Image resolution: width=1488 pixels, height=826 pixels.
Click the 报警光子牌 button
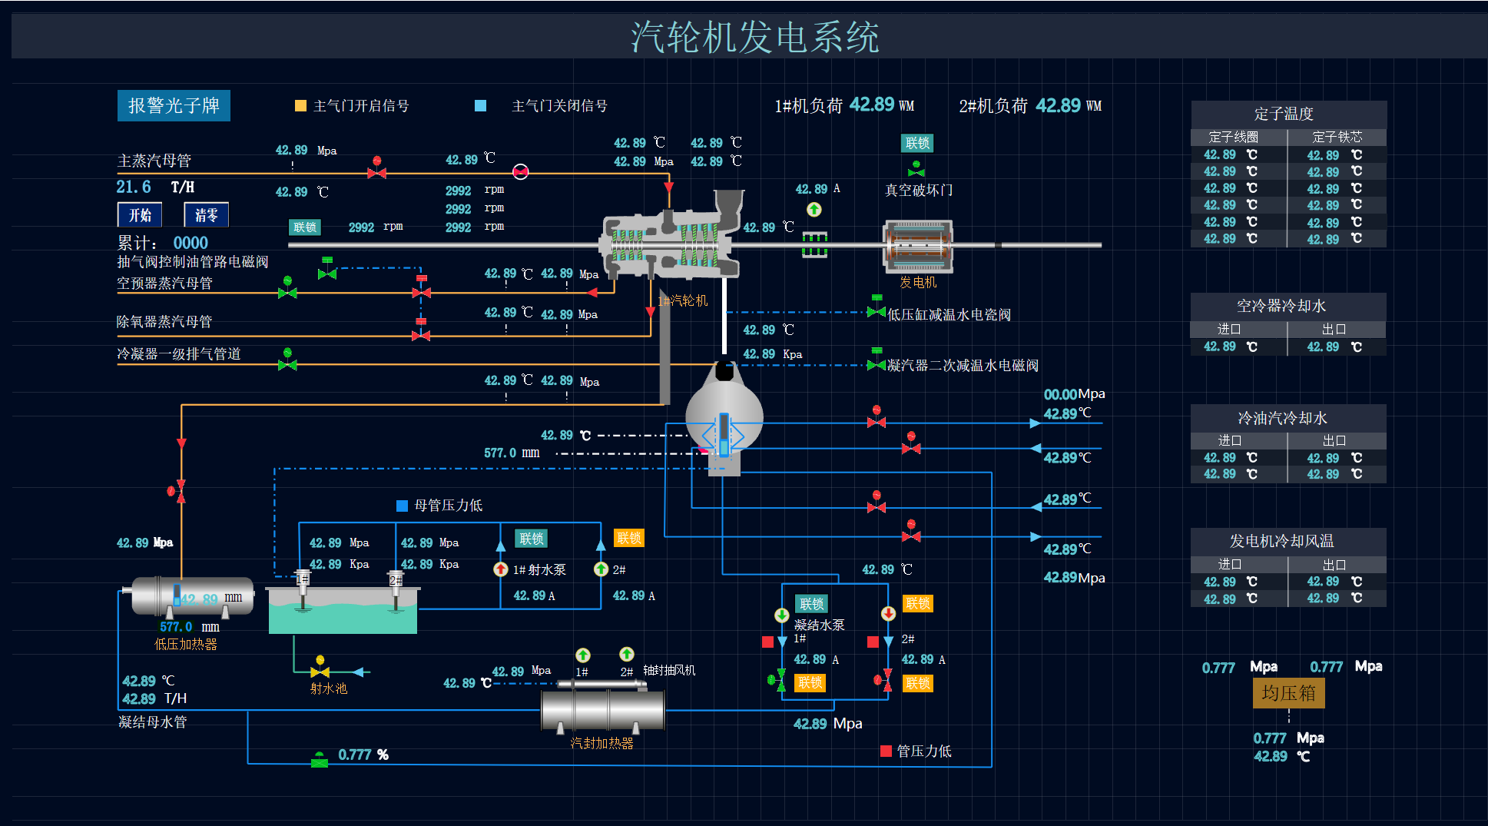click(174, 106)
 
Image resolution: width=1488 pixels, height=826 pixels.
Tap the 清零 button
click(206, 215)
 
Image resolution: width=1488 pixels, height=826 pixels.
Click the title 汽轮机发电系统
click(754, 37)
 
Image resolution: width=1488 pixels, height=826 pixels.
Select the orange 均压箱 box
click(1288, 693)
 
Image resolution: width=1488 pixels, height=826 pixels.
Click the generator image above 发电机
click(918, 246)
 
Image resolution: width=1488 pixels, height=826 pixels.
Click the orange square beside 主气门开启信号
click(300, 106)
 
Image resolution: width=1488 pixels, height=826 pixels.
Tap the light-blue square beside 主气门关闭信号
click(480, 106)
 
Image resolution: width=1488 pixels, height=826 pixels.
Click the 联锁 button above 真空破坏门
click(917, 143)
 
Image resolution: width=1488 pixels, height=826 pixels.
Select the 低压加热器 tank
click(192, 596)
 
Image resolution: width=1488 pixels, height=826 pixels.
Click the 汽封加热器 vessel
click(602, 709)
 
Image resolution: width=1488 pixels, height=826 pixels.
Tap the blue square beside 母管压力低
click(401, 506)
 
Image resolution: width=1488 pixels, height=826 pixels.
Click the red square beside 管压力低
click(886, 751)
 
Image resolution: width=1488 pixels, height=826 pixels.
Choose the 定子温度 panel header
click(1288, 114)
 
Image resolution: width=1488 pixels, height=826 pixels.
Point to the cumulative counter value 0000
click(191, 243)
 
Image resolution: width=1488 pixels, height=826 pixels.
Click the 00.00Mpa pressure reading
click(1074, 394)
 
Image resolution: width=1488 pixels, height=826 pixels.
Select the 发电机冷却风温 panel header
click(1288, 541)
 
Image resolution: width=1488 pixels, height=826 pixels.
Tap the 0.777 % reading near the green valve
click(363, 755)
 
